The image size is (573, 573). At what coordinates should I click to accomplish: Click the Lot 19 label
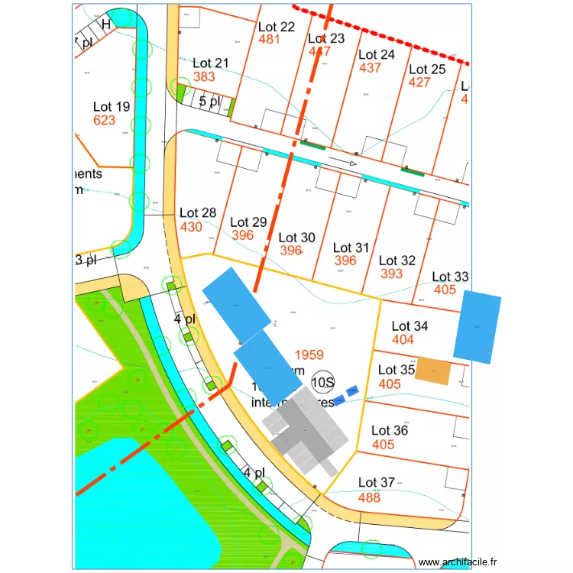click(112, 107)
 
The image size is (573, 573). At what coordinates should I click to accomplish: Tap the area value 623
click(104, 120)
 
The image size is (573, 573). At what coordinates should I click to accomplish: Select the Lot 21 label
click(211, 63)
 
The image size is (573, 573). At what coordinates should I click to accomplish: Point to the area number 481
click(270, 39)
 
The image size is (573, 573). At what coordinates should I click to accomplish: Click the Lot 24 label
click(377, 55)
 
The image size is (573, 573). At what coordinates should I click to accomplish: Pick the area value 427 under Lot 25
click(419, 83)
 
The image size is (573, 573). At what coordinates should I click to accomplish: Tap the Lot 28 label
click(198, 213)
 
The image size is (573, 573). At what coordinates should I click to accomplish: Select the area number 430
click(191, 227)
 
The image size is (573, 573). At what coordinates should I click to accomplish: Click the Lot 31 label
click(351, 248)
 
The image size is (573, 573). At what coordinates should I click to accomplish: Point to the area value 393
click(391, 274)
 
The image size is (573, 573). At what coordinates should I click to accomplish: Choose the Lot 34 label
click(410, 326)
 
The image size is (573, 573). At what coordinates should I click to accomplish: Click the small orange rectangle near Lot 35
click(433, 371)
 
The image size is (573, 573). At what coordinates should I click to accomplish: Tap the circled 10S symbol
click(324, 382)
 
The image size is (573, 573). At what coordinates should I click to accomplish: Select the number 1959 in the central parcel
click(309, 355)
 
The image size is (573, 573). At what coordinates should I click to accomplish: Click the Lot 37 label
click(377, 483)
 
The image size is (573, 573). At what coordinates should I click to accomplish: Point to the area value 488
click(369, 497)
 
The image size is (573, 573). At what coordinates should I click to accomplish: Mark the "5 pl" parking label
click(209, 101)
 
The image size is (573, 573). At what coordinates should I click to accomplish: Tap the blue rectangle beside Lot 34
click(477, 326)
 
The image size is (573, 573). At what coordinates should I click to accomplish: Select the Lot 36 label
click(390, 431)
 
